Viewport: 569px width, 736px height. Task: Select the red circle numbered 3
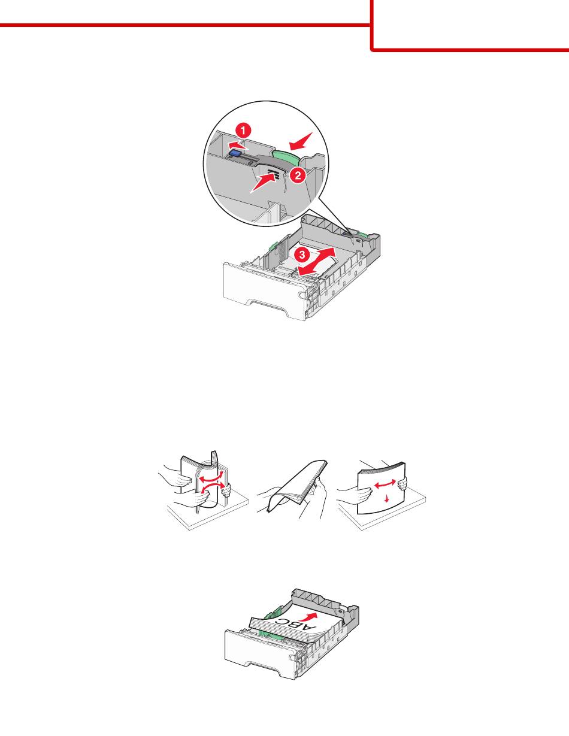coord(301,254)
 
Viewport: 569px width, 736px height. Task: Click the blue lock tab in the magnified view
coord(235,154)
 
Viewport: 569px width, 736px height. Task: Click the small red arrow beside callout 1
coord(238,145)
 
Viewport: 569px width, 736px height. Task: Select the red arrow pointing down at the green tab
coord(301,141)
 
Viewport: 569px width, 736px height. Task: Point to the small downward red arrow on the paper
coord(387,498)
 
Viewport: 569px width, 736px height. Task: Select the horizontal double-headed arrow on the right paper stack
coord(385,484)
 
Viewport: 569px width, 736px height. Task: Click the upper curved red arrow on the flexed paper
coord(211,476)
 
